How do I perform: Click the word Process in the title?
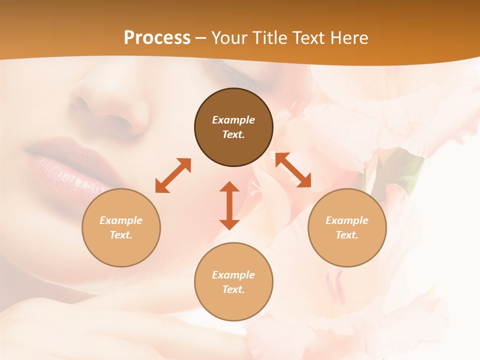[x=157, y=38]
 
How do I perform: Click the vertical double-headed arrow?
[x=229, y=205]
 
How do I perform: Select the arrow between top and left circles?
[x=173, y=175]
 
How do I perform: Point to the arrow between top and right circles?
[x=293, y=170]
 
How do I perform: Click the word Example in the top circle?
[x=233, y=120]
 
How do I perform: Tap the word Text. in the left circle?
[x=121, y=235]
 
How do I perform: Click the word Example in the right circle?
[x=347, y=220]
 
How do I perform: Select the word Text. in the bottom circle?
[x=233, y=289]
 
